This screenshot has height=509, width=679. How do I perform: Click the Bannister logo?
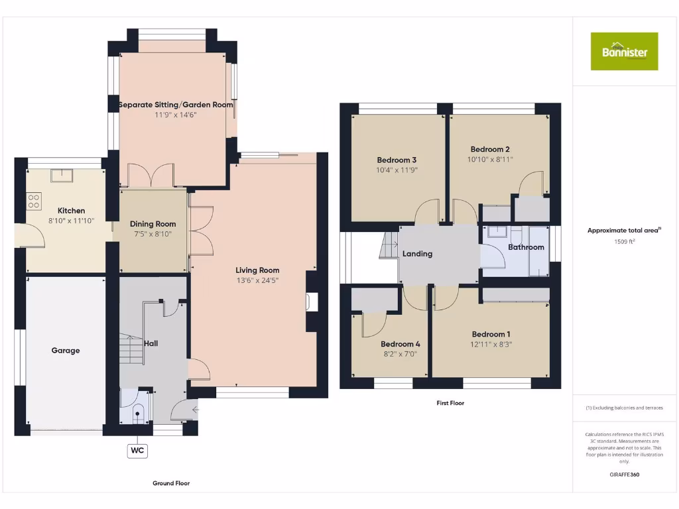pyautogui.click(x=624, y=51)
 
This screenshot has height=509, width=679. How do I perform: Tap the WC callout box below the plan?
pyautogui.click(x=137, y=451)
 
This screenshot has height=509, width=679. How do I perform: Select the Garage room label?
pyautogui.click(x=66, y=351)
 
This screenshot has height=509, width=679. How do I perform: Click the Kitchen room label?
pyautogui.click(x=72, y=211)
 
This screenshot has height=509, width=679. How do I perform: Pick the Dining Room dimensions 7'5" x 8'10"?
pyautogui.click(x=153, y=234)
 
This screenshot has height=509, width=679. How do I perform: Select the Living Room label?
pyautogui.click(x=257, y=270)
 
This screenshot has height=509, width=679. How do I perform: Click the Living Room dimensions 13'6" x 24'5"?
pyautogui.click(x=257, y=280)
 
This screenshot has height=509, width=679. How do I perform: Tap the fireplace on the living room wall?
pyautogui.click(x=310, y=302)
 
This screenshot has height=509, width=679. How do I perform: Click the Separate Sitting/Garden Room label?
pyautogui.click(x=175, y=105)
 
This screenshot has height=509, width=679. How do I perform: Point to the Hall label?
pyautogui.click(x=151, y=343)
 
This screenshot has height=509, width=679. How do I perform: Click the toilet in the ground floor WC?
pyautogui.click(x=138, y=415)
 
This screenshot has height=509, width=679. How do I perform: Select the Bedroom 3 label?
pyautogui.click(x=397, y=160)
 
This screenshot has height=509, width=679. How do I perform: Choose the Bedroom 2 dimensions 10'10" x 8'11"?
pyautogui.click(x=490, y=159)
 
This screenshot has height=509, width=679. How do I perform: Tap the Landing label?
pyautogui.click(x=417, y=254)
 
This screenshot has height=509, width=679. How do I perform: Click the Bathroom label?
pyautogui.click(x=526, y=247)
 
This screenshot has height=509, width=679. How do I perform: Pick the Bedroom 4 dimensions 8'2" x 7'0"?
pyautogui.click(x=400, y=355)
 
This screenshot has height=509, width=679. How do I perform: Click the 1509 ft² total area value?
pyautogui.click(x=624, y=242)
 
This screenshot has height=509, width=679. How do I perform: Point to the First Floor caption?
pyautogui.click(x=450, y=403)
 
